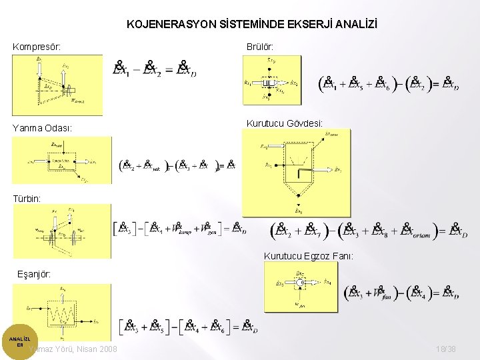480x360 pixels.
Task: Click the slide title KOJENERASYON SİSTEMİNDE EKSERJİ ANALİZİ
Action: pyautogui.click(x=251, y=25)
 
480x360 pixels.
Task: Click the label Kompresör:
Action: pyautogui.click(x=37, y=47)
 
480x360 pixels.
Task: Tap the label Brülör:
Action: pyautogui.click(x=259, y=47)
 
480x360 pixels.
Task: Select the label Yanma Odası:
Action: pyautogui.click(x=42, y=127)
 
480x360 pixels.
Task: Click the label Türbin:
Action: pyautogui.click(x=27, y=199)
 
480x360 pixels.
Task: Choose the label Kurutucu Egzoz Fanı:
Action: pyautogui.click(x=309, y=256)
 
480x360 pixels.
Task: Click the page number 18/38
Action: pyautogui.click(x=445, y=349)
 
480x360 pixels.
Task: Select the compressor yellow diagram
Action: pyautogui.click(x=57, y=85)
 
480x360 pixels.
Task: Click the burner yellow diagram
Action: pyautogui.click(x=272, y=80)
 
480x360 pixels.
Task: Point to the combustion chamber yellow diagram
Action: pyautogui.click(x=62, y=160)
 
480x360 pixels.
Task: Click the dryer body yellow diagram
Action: pyautogui.click(x=295, y=169)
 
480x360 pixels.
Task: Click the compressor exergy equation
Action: pyautogui.click(x=155, y=69)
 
